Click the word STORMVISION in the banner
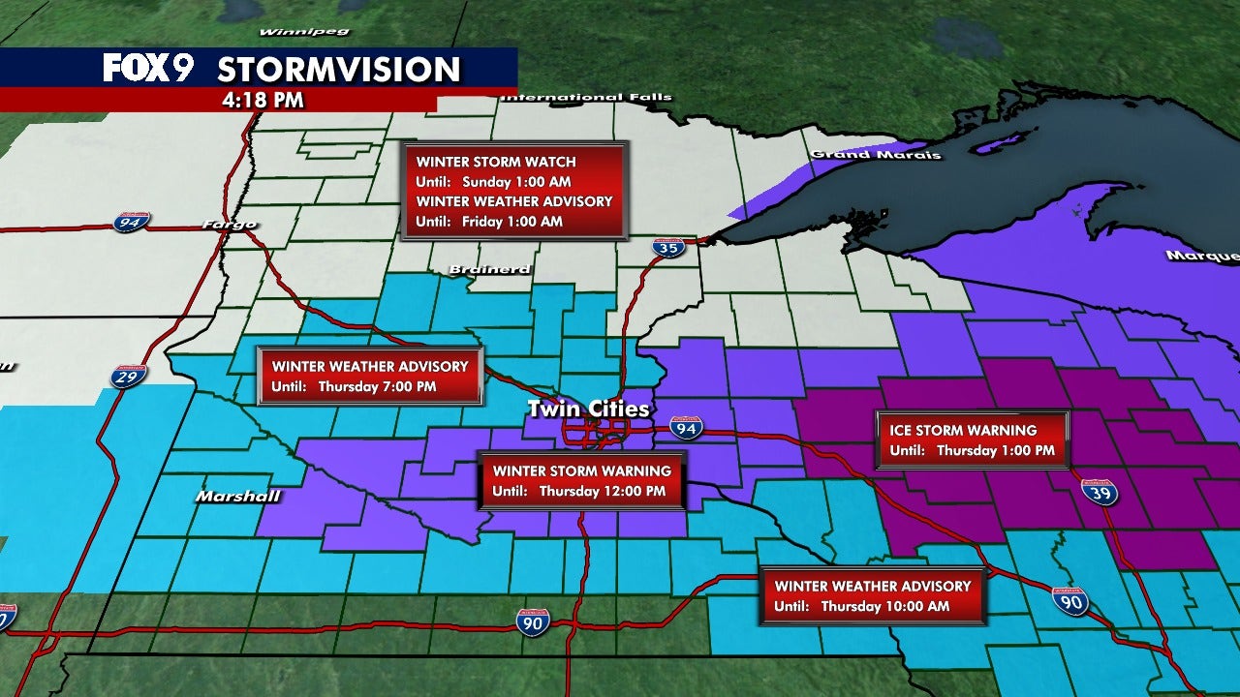tap(338, 70)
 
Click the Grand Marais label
tap(876, 155)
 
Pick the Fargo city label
tap(229, 225)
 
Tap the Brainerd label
tap(489, 269)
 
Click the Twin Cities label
tap(588, 409)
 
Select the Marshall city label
tap(238, 497)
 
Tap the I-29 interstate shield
tap(128, 376)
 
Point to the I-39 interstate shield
tap(1100, 493)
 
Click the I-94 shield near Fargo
tap(130, 223)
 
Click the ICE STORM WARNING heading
tap(957, 430)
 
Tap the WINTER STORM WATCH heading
tap(496, 162)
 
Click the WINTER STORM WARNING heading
tap(581, 470)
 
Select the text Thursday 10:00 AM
tap(885, 606)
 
